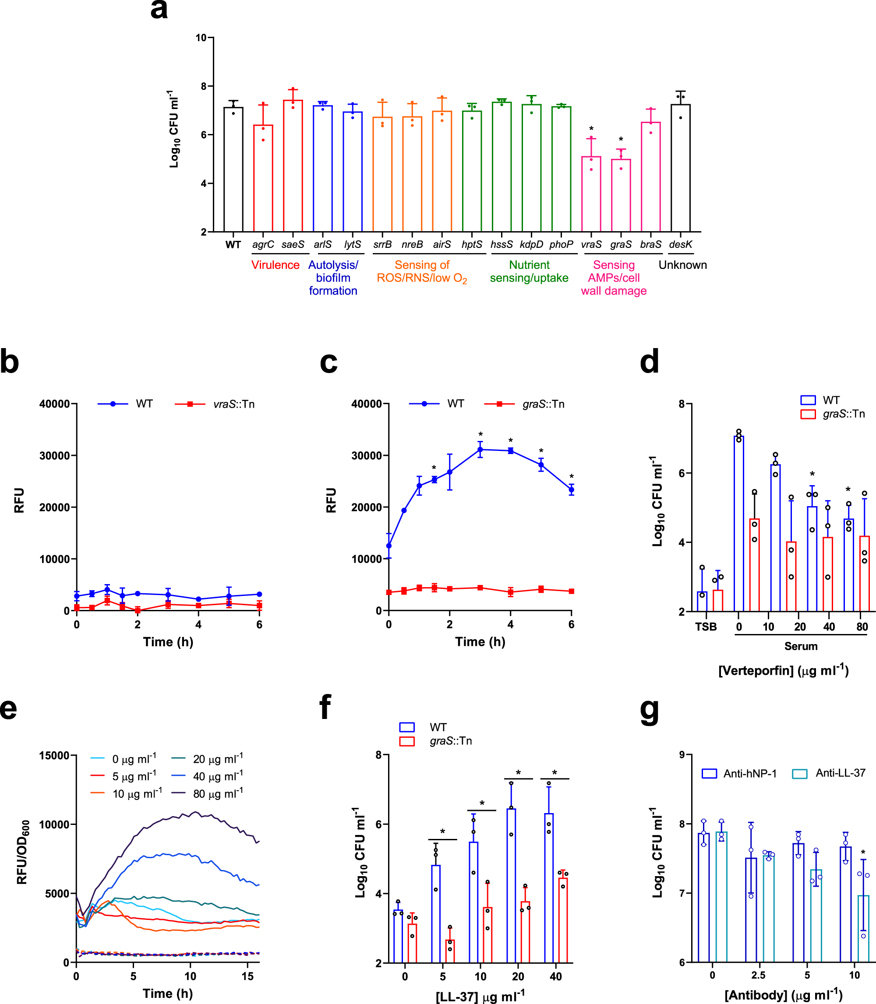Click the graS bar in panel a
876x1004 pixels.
coord(621,195)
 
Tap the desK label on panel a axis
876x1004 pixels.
coord(681,244)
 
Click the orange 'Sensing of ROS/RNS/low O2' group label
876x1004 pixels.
coord(422,271)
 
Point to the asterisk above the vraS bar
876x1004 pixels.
coord(591,129)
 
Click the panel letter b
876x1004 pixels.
coord(10,362)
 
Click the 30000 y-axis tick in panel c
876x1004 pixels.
coord(366,455)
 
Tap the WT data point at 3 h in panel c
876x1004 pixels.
coord(480,450)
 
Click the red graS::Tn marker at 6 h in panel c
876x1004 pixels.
coord(572,591)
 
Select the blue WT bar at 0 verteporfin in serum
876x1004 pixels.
coord(738,523)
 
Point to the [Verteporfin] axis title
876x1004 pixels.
coord(783,670)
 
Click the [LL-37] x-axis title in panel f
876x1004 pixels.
coord(480,996)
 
